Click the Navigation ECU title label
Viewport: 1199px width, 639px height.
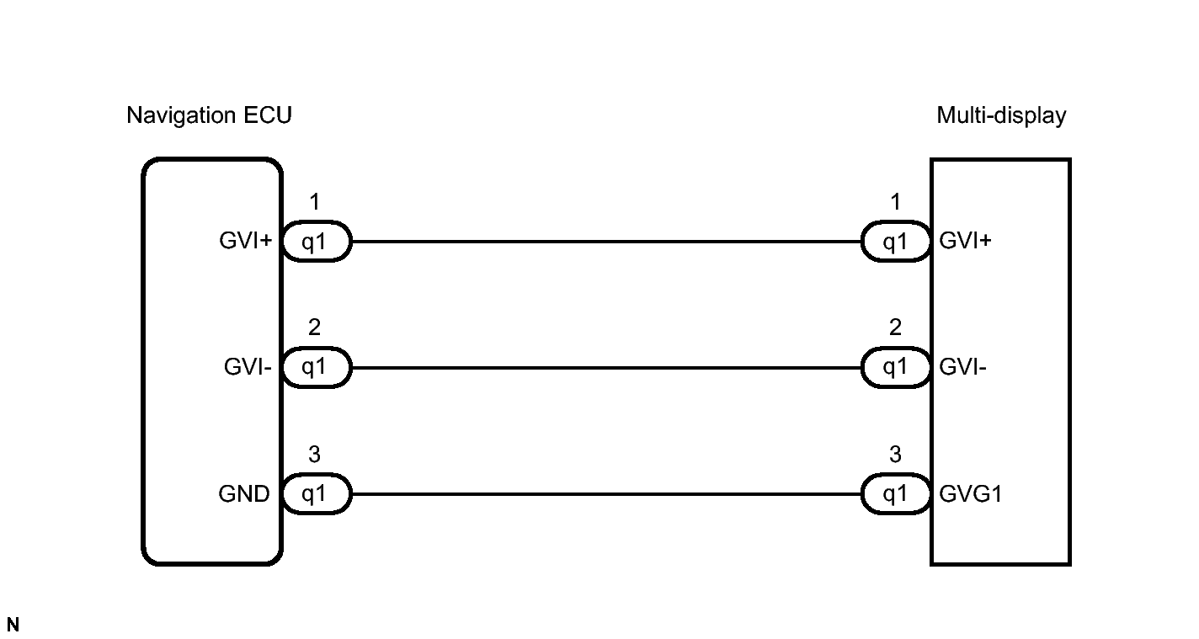[209, 115]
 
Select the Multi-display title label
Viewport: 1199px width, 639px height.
[1001, 115]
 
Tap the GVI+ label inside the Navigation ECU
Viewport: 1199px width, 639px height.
[245, 242]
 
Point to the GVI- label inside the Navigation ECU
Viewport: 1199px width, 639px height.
[248, 368]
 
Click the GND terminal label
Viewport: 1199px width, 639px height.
[244, 494]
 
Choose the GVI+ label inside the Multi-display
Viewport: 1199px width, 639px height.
[965, 242]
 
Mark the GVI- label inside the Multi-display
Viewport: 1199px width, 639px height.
[963, 368]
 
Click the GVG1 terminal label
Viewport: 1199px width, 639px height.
[970, 494]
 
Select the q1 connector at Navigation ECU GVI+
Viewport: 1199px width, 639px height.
[315, 242]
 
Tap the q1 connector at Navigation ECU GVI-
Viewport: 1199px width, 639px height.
[315, 369]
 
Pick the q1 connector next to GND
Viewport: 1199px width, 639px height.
[315, 495]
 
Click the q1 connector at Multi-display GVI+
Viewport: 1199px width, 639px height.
[895, 242]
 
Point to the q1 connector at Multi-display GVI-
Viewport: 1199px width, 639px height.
[895, 369]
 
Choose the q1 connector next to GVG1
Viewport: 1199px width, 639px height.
[895, 495]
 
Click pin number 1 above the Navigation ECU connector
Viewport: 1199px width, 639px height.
[314, 202]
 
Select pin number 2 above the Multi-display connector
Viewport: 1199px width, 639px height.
[895, 327]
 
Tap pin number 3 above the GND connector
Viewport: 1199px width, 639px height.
[314, 455]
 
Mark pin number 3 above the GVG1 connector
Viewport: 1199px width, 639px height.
[895, 455]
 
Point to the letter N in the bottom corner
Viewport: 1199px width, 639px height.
[13, 625]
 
